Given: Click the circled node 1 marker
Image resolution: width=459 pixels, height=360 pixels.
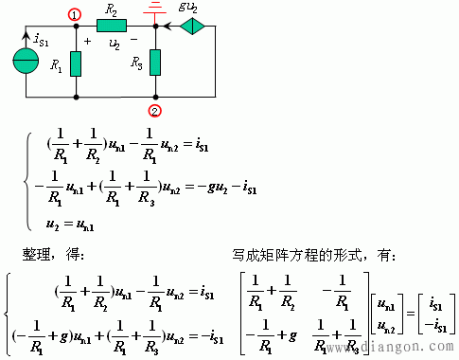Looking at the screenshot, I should pyautogui.click(x=75, y=15).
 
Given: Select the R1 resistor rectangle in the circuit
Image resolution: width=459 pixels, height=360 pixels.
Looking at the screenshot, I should pyautogui.click(x=75, y=63).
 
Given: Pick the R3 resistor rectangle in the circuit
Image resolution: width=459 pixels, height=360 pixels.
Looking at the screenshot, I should pyautogui.click(x=155, y=63).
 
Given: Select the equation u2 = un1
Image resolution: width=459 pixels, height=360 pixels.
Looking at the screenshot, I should pyautogui.click(x=71, y=225).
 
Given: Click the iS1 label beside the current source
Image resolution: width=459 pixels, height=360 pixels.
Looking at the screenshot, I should pyautogui.click(x=42, y=41).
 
